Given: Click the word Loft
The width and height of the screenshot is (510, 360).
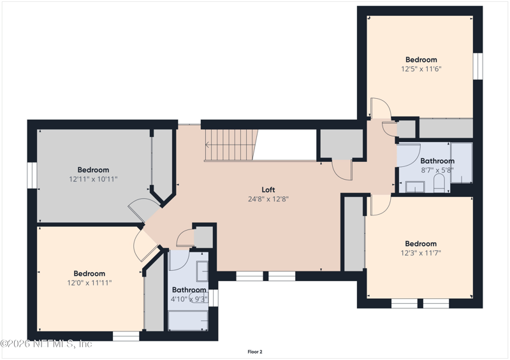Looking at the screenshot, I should tap(268, 189).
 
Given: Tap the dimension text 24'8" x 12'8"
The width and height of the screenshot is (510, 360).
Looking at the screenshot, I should tap(268, 199).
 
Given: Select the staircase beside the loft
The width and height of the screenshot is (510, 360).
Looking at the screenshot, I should tap(229, 145).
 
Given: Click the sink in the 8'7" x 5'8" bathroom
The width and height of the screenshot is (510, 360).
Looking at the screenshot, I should tap(416, 187).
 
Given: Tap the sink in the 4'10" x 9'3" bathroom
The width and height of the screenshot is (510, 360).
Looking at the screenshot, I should tap(202, 270).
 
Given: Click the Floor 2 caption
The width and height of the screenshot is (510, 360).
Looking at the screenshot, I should tap(255, 352).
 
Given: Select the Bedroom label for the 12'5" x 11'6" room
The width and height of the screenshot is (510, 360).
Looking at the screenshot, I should tap(421, 60).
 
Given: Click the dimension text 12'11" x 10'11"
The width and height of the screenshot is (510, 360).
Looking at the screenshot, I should tap(93, 179).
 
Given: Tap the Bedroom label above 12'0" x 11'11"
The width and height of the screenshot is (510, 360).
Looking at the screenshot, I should tap(89, 274).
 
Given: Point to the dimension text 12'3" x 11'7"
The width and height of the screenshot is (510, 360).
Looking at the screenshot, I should tap(421, 253).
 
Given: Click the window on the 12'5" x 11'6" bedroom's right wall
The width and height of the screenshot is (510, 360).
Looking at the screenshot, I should tap(477, 66).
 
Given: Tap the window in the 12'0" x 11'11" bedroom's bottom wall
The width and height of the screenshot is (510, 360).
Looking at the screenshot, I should tap(126, 335).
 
